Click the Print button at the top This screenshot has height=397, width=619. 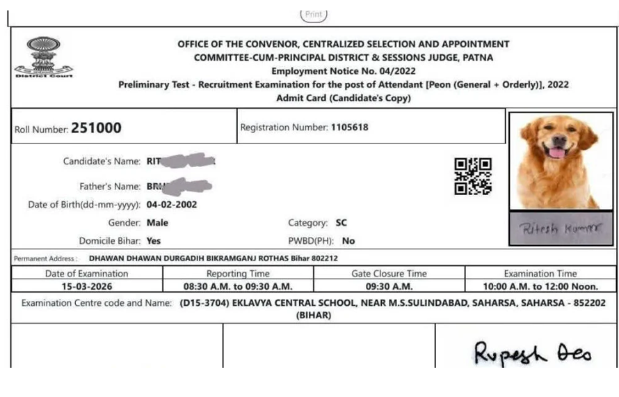[313, 14]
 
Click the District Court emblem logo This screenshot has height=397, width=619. [42, 59]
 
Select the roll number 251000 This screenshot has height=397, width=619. [96, 128]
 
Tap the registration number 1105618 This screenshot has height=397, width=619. [349, 127]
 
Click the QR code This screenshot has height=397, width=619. [473, 176]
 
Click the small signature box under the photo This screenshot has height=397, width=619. [561, 229]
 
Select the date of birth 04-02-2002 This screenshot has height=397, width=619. [172, 205]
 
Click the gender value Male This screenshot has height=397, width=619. [157, 223]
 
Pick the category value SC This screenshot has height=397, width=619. [341, 223]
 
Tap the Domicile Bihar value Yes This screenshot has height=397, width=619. [154, 241]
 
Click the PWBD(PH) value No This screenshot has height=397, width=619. [348, 241]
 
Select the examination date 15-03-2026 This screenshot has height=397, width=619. [87, 286]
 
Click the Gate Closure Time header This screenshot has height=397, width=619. [389, 274]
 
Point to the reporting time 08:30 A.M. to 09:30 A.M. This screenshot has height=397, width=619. [238, 286]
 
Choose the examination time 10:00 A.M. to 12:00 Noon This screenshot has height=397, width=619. [540, 286]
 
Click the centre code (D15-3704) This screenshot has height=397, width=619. [204, 303]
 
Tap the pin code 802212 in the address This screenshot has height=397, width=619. [325, 258]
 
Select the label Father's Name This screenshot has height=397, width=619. [110, 187]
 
